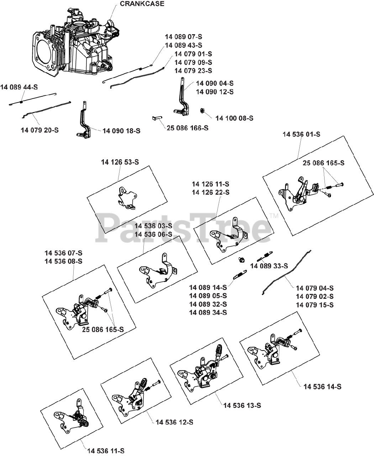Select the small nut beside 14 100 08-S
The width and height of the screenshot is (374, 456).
(x=201, y=111)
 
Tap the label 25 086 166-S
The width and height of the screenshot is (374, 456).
(x=188, y=128)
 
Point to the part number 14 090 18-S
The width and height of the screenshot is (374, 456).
(x=121, y=131)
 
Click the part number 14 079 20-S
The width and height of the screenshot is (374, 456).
(x=39, y=130)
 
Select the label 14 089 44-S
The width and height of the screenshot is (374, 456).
(x=19, y=87)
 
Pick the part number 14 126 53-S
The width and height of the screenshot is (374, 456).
(x=120, y=162)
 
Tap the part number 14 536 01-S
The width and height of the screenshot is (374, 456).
(x=301, y=134)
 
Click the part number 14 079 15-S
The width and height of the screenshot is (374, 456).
(x=315, y=305)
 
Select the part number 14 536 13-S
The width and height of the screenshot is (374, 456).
(x=242, y=405)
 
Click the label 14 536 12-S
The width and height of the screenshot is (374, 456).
(x=174, y=422)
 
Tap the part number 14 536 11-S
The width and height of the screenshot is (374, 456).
(x=106, y=451)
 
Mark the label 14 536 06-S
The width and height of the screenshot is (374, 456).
(x=153, y=234)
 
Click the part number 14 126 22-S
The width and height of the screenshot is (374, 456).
(x=211, y=192)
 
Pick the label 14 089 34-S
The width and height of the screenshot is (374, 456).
(x=208, y=313)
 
